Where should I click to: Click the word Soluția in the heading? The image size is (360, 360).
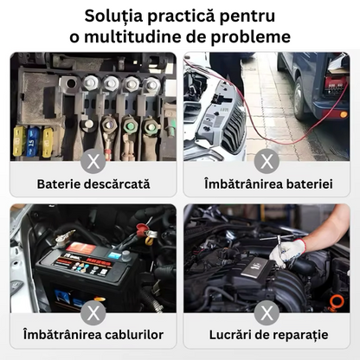pyautogui.click(x=113, y=16)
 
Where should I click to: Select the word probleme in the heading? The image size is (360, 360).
pyautogui.click(x=250, y=37)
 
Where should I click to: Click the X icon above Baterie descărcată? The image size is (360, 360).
pyautogui.click(x=93, y=161)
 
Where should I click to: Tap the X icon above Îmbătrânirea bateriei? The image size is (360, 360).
pyautogui.click(x=267, y=161)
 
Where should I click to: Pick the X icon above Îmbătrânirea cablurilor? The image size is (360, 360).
pyautogui.click(x=93, y=312)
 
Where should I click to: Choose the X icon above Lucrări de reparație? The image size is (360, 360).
pyautogui.click(x=267, y=312)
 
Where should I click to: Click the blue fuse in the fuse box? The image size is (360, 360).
pyautogui.click(x=33, y=142)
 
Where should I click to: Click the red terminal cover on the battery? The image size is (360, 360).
pyautogui.click(x=142, y=228)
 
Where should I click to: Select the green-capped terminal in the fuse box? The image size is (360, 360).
pyautogui.click(x=128, y=125)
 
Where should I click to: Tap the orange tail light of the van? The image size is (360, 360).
pyautogui.click(x=344, y=114)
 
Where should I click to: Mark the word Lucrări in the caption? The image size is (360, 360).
pyautogui.click(x=230, y=335)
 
